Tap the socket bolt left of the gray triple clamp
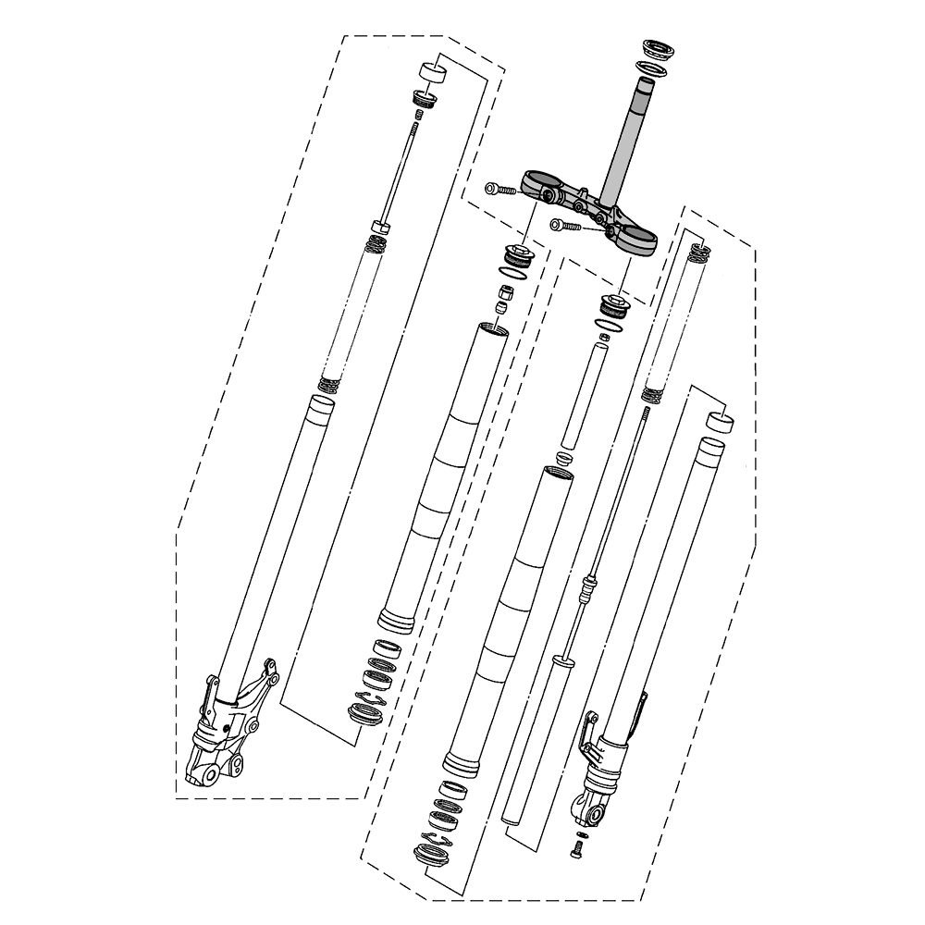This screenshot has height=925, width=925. [499, 190]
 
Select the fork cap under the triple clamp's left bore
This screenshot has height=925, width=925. [514, 253]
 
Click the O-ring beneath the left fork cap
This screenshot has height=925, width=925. [513, 272]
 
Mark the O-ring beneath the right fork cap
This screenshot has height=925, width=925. [610, 324]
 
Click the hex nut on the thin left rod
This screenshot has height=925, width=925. [380, 227]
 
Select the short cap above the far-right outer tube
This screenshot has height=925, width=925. [721, 423]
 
